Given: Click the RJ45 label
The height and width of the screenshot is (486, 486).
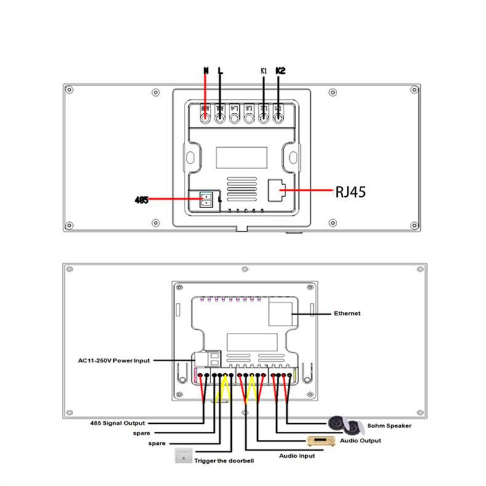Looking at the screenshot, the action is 350,192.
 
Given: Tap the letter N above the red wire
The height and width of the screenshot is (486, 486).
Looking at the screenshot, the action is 205,71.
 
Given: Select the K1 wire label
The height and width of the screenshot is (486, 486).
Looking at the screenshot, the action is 263,71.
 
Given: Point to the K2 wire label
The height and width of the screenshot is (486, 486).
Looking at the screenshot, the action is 280,71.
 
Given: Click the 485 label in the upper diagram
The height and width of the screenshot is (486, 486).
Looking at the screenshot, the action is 141,200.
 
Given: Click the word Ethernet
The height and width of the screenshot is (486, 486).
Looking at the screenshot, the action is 347,313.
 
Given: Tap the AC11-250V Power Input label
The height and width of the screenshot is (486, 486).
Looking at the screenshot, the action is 114,361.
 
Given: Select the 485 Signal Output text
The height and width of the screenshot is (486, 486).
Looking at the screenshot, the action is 118,423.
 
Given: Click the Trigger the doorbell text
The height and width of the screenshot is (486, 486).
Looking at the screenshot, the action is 224,460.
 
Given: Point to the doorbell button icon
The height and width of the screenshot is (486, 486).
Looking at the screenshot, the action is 183,456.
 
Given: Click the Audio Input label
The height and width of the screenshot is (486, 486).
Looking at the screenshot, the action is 297,456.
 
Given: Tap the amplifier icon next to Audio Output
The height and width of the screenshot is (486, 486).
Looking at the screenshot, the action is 321,441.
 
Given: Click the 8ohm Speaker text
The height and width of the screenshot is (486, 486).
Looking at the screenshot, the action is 389,425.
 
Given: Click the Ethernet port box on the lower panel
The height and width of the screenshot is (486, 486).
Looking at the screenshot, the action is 280,313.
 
